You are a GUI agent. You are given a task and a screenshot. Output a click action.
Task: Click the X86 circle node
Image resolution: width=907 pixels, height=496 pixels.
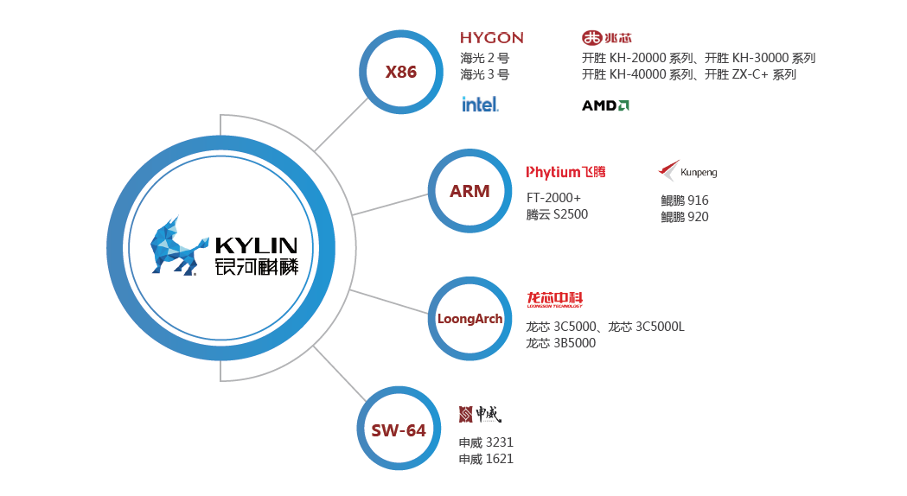pyautogui.click(x=400, y=72)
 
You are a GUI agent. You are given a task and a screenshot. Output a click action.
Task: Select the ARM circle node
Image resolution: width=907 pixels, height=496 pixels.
pyautogui.click(x=469, y=191)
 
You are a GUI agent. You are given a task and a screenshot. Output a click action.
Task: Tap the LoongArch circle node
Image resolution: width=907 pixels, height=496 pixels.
pyautogui.click(x=469, y=319)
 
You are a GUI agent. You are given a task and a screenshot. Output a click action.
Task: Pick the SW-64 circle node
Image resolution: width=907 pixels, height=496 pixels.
pyautogui.click(x=399, y=429)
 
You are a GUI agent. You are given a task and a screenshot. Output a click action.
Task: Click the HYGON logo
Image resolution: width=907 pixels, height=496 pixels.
pyautogui.click(x=491, y=38)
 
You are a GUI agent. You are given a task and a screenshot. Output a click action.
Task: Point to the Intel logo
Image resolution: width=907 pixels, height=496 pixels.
pyautogui.click(x=480, y=105)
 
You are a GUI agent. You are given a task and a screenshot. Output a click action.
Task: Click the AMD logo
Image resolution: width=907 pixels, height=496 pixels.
pyautogui.click(x=605, y=105)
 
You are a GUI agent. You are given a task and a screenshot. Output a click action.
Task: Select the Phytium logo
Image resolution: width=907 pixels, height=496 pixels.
pyautogui.click(x=566, y=172)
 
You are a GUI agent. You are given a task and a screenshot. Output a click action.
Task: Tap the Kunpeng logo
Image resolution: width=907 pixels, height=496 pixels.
pyautogui.click(x=687, y=171)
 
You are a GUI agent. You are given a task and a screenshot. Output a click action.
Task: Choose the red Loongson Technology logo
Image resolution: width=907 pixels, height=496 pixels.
pyautogui.click(x=554, y=299)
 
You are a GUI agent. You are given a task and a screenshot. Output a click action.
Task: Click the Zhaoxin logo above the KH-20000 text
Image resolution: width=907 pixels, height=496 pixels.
pyautogui.click(x=607, y=38)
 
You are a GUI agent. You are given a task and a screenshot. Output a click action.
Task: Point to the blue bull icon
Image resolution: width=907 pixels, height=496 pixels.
pyautogui.click(x=177, y=247)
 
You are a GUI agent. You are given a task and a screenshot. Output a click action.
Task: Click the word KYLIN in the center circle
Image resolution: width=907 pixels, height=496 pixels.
pyautogui.click(x=256, y=245)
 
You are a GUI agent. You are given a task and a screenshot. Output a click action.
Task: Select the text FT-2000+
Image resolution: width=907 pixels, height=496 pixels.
pyautogui.click(x=553, y=198)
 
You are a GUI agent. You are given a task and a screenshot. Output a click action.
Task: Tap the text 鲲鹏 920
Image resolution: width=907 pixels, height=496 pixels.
pyautogui.click(x=684, y=217)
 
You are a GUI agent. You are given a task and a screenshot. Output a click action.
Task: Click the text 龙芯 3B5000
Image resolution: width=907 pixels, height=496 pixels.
pyautogui.click(x=560, y=343)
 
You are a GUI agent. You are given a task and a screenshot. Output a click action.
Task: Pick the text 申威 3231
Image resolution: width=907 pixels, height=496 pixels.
pyautogui.click(x=486, y=442)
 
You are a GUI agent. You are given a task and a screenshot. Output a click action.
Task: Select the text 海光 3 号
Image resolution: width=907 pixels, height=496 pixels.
pyautogui.click(x=484, y=75)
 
